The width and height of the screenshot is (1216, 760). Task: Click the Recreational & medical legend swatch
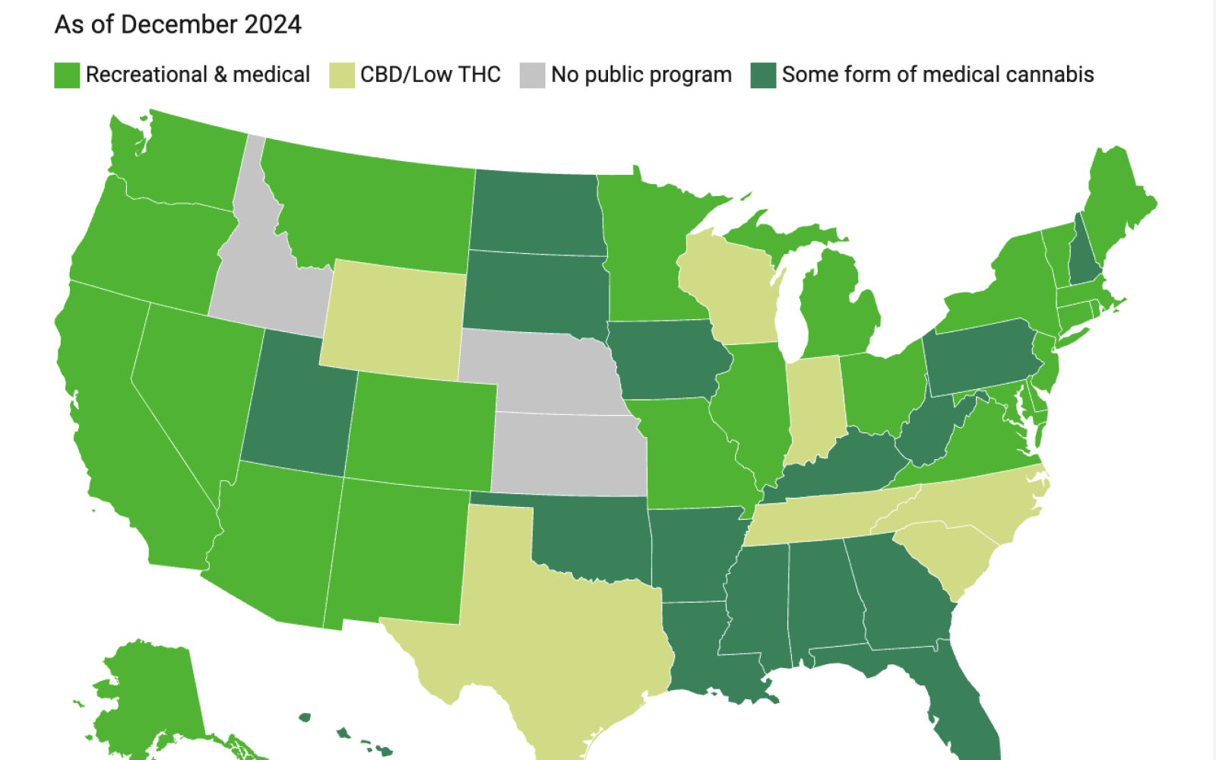tap(67, 75)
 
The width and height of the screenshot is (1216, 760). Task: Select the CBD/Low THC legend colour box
tap(342, 75)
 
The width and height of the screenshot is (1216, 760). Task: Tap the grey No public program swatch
tap(533, 75)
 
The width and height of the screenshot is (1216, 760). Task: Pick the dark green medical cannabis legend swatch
tap(763, 75)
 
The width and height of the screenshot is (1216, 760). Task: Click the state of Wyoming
tap(394, 320)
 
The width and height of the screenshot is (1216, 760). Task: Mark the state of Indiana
tap(814, 407)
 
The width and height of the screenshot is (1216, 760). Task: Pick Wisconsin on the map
tap(727, 288)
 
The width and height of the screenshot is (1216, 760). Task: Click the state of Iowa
tap(670, 358)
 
